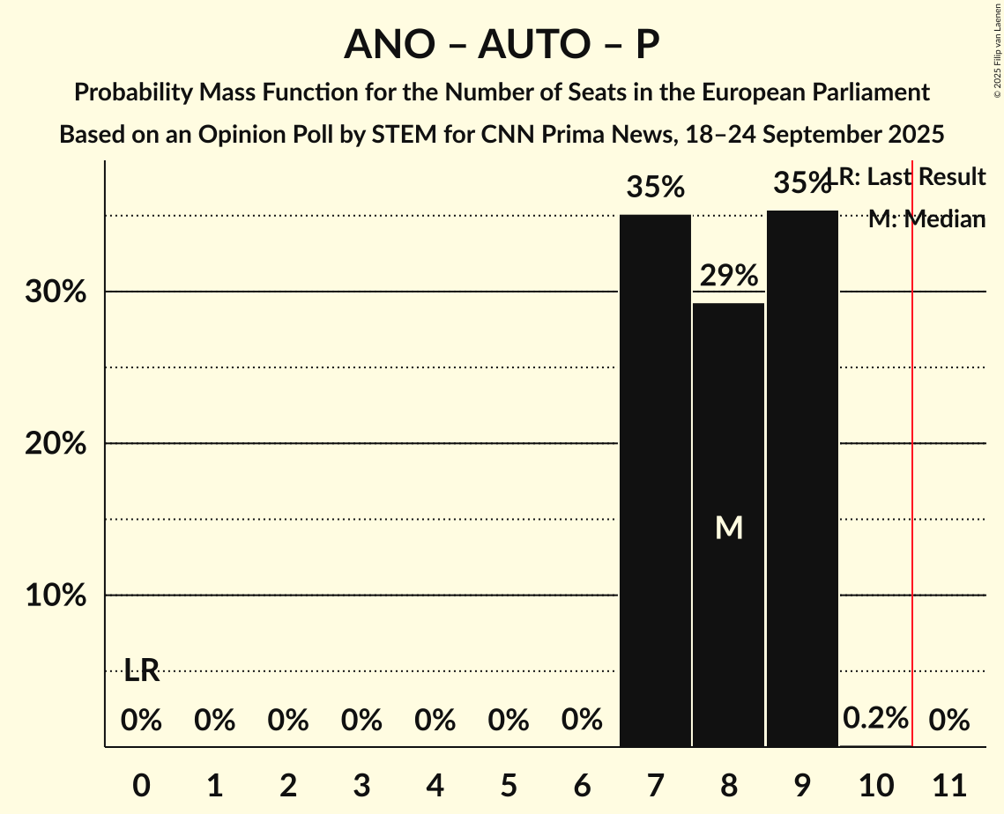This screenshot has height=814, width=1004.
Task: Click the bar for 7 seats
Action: pyautogui.click(x=655, y=480)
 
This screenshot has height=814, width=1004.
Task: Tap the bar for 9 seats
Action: pyautogui.click(x=802, y=478)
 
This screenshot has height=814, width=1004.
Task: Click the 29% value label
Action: pyautogui.click(x=728, y=276)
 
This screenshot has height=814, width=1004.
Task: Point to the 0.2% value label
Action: pyautogui.click(x=875, y=718)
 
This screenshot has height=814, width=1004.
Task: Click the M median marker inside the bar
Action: pyautogui.click(x=729, y=527)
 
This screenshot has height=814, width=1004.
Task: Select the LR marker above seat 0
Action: pyautogui.click(x=141, y=670)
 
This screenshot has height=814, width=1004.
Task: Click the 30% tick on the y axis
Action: pyautogui.click(x=56, y=292)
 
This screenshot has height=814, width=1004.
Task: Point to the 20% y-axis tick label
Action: pyautogui.click(x=56, y=444)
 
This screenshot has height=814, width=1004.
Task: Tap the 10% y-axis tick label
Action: pyautogui.click(x=56, y=596)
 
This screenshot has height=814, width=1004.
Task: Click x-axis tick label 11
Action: pyautogui.click(x=949, y=781)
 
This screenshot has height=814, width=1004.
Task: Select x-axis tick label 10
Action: pyautogui.click(x=875, y=781)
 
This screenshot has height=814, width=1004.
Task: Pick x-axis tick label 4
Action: pyautogui.click(x=435, y=781)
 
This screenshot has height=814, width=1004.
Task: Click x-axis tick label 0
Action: pyautogui.click(x=141, y=781)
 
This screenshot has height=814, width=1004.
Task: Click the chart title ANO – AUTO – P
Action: pyautogui.click(x=502, y=44)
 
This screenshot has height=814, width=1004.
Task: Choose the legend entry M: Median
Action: pyautogui.click(x=926, y=219)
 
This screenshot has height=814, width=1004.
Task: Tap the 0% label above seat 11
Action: pyautogui.click(x=949, y=721)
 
